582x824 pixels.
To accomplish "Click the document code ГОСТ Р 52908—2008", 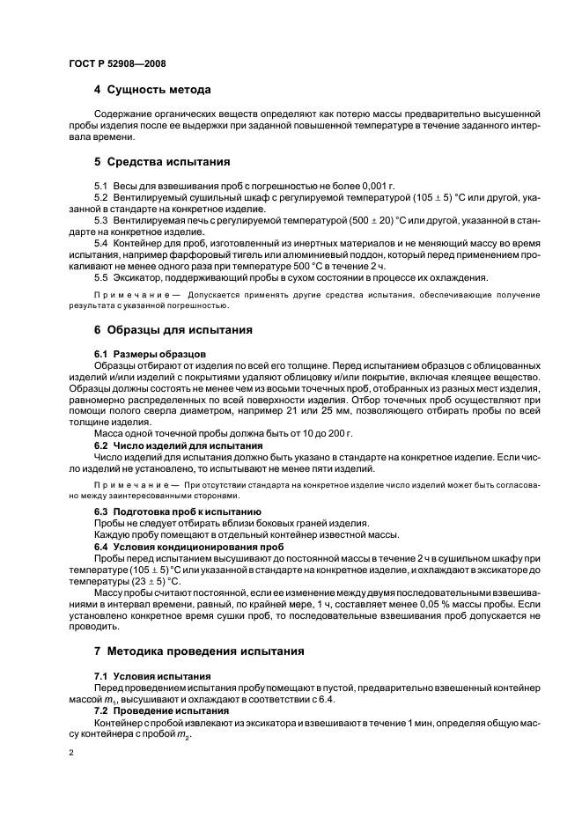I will click(117, 64).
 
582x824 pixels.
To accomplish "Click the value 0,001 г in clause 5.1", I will click(372, 187).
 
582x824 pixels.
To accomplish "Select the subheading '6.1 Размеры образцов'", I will click(149, 353).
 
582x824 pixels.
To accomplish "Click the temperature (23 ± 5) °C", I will click(144, 582).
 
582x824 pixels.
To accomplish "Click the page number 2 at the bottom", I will click(72, 754).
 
